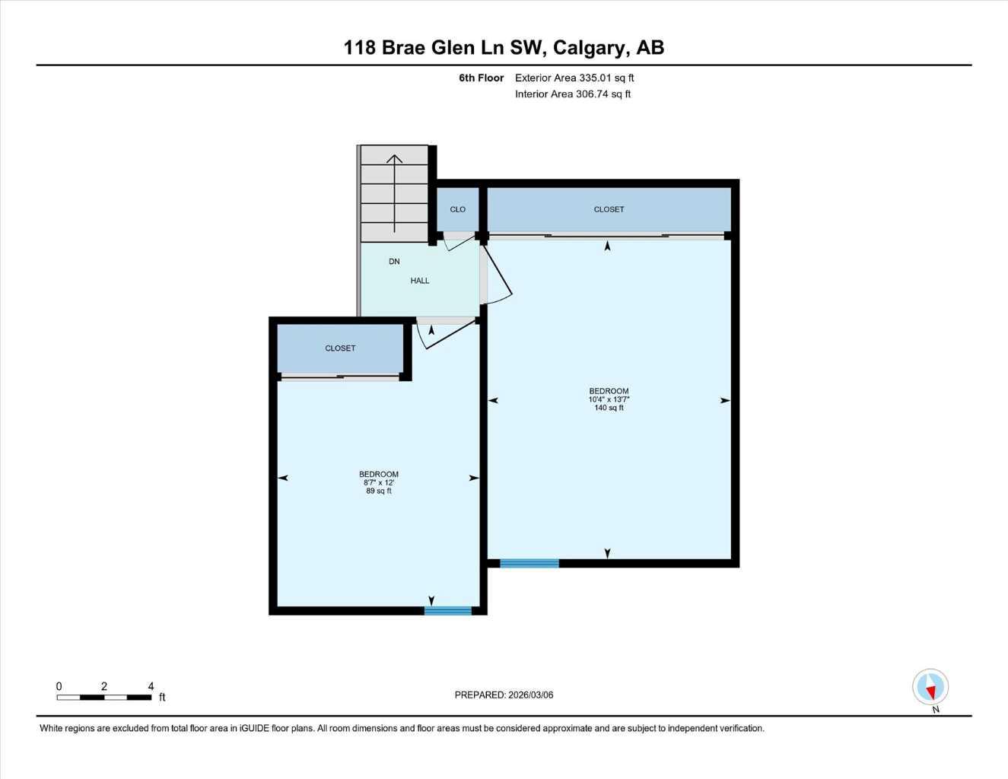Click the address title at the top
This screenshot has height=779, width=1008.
pyautogui.click(x=504, y=47)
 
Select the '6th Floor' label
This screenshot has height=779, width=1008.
pyautogui.click(x=481, y=78)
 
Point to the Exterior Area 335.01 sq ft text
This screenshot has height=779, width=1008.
pyautogui.click(x=574, y=78)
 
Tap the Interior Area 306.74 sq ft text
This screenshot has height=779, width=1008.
pyautogui.click(x=573, y=94)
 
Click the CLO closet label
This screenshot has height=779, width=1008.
pyautogui.click(x=457, y=210)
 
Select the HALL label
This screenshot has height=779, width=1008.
pyautogui.click(x=420, y=281)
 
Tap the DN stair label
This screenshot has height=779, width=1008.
pyautogui.click(x=394, y=262)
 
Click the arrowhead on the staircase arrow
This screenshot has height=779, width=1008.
pyautogui.click(x=394, y=159)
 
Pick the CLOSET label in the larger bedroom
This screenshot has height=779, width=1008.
pyautogui.click(x=609, y=209)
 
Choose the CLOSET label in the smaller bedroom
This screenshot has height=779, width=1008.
pyautogui.click(x=340, y=348)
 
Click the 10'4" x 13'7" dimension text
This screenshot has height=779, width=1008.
pyautogui.click(x=609, y=399)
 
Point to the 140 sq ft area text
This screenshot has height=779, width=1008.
pyautogui.click(x=609, y=408)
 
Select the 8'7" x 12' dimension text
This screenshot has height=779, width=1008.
pyautogui.click(x=379, y=482)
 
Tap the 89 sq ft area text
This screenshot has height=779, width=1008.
pyautogui.click(x=379, y=491)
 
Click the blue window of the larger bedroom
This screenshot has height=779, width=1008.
pyautogui.click(x=529, y=563)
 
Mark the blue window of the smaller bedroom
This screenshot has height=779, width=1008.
pyautogui.click(x=448, y=610)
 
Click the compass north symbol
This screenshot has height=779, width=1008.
pyautogui.click(x=930, y=688)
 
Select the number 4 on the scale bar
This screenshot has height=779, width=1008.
pyautogui.click(x=151, y=686)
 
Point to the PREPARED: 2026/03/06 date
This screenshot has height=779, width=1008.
pyautogui.click(x=504, y=695)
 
